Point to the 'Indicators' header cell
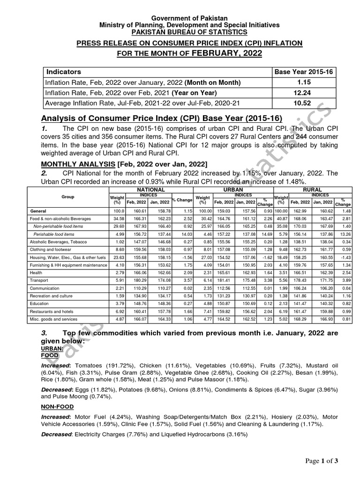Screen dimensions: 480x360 click(x=63, y=72)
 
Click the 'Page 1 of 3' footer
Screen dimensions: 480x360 click(x=322, y=461)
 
